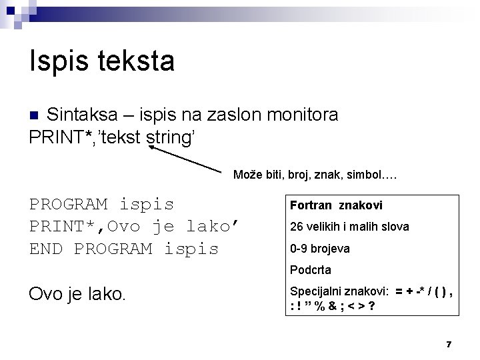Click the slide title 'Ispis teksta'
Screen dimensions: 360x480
pos(102,61)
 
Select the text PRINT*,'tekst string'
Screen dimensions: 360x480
pos(112,137)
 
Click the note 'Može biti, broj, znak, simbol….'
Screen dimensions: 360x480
pos(315,175)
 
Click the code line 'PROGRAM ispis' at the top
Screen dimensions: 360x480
pos(101,204)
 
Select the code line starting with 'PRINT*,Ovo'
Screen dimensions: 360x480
pos(134,227)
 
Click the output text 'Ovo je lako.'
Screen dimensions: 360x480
pos(77,294)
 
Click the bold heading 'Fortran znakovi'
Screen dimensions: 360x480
pos(336,206)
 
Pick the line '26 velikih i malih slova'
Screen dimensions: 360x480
pos(349,227)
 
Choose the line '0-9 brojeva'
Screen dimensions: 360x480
pos(320,249)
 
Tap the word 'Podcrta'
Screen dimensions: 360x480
pos(311,270)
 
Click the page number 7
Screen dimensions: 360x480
pos(449,344)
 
